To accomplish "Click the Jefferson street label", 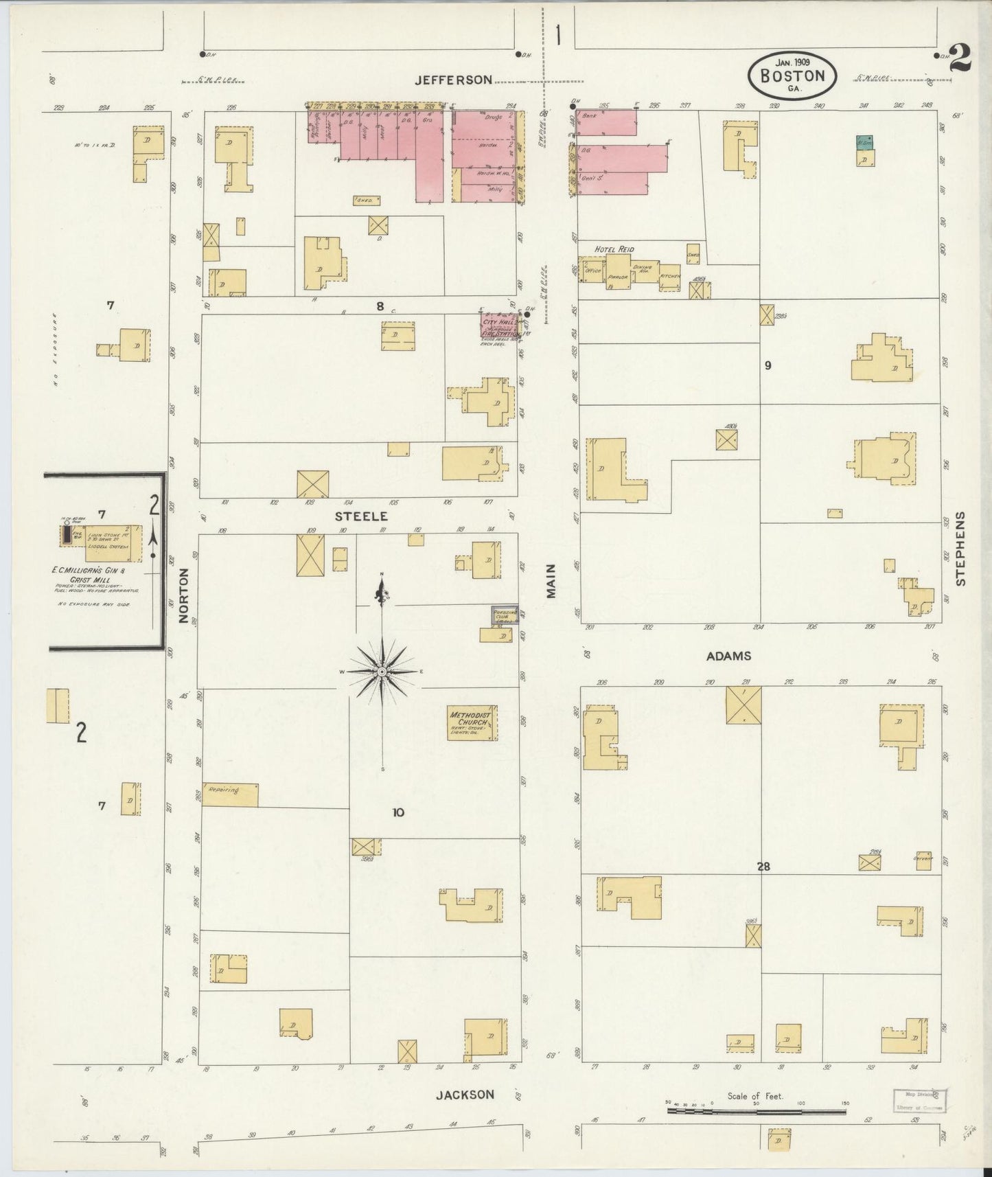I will click(453, 80).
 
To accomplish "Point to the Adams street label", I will click(728, 656).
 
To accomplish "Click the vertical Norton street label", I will click(183, 595).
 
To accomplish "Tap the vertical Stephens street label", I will click(960, 549).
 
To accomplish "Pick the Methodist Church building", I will click(472, 723).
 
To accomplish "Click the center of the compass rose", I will click(381, 671).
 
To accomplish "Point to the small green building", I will click(864, 142).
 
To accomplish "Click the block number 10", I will click(397, 812).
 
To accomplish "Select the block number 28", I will click(763, 867).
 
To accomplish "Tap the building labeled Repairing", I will click(230, 794).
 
